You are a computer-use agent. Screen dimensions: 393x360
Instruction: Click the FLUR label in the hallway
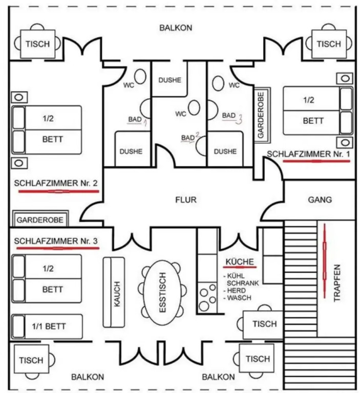click(x=185, y=200)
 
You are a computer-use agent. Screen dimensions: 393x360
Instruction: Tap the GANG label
click(x=320, y=200)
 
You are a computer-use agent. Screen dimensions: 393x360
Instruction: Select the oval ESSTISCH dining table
click(x=162, y=294)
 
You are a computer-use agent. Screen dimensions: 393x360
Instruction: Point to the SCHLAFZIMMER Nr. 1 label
click(x=309, y=154)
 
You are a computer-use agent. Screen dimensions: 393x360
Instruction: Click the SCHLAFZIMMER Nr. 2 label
click(x=56, y=183)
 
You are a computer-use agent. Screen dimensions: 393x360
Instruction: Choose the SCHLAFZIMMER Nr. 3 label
click(x=56, y=241)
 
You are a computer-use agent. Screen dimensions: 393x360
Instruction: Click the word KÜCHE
click(x=239, y=262)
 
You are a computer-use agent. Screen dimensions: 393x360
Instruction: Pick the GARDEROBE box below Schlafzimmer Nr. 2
click(x=40, y=220)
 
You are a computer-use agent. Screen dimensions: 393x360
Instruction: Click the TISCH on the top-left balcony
click(x=38, y=44)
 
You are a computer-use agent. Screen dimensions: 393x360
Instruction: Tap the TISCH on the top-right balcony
click(x=328, y=44)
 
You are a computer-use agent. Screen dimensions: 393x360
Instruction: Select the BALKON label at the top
click(x=176, y=28)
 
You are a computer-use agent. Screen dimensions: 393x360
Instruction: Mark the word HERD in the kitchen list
click(x=236, y=290)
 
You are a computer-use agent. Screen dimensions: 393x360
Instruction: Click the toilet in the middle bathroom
click(x=194, y=109)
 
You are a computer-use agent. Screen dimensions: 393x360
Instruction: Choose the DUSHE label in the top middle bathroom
click(x=170, y=80)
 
